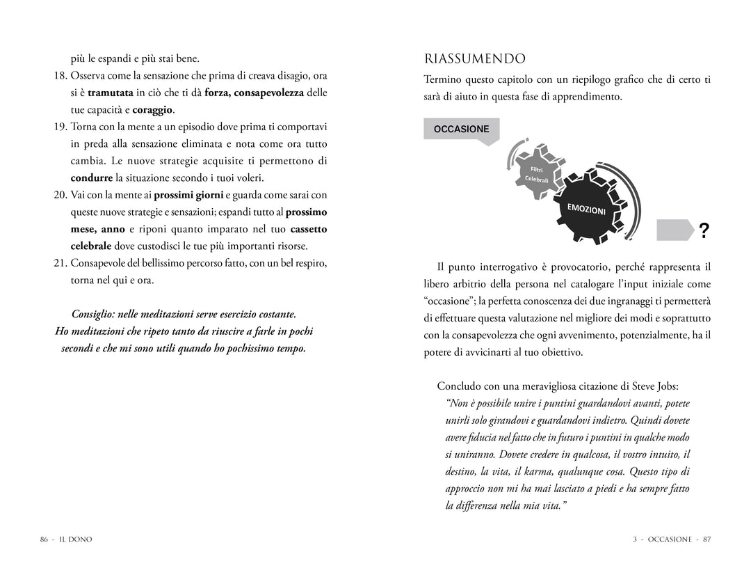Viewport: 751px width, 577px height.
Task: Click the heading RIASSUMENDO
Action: [475, 58]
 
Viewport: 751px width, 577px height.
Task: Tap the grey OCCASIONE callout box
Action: [461, 129]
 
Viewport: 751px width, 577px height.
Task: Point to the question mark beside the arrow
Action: [704, 231]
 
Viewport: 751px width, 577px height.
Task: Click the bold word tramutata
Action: [111, 93]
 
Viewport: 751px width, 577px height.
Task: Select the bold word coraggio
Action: [153, 110]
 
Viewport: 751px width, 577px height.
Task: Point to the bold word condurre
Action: [92, 178]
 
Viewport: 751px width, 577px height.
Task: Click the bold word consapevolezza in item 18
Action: [269, 93]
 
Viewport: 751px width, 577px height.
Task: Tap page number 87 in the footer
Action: [706, 539]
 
